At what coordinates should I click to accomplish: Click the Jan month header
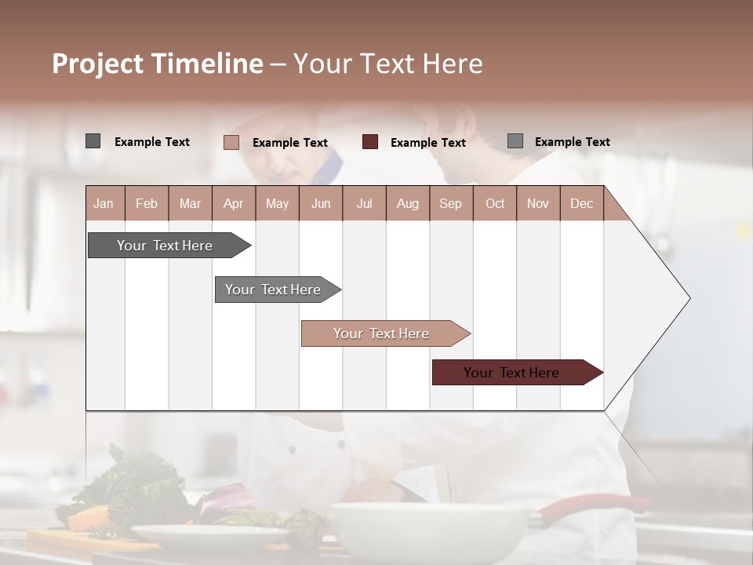tap(104, 203)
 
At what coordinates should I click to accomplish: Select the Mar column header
tap(190, 203)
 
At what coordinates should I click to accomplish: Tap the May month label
tap(277, 203)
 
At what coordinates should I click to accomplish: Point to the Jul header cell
tap(364, 203)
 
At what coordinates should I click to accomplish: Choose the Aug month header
tap(407, 203)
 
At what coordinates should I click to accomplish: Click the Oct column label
tap(495, 203)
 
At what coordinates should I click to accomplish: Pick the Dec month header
tap(581, 203)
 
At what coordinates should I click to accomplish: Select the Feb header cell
tap(147, 203)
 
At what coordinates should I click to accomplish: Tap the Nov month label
tap(537, 203)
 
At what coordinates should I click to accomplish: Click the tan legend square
tap(231, 142)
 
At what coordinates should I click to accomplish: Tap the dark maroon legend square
tap(370, 142)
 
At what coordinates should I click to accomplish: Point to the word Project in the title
tap(97, 64)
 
